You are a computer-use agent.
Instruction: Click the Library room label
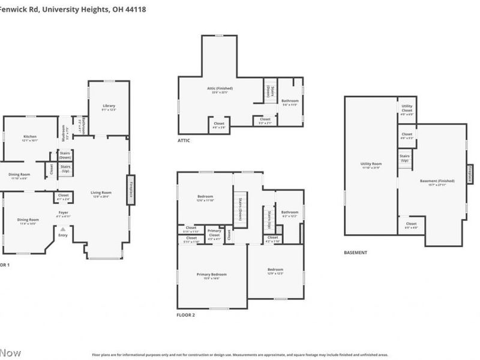pyautogui.click(x=109, y=106)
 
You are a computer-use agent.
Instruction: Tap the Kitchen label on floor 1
pyautogui.click(x=30, y=137)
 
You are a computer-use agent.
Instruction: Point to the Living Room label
pyautogui.click(x=101, y=193)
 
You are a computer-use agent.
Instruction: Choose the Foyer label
pyautogui.click(x=63, y=213)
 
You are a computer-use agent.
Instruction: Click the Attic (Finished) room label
pyautogui.click(x=222, y=89)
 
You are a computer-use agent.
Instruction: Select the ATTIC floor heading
pyautogui.click(x=184, y=140)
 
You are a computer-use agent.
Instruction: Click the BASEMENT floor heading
pyautogui.click(x=356, y=253)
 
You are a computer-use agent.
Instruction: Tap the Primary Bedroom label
pyautogui.click(x=212, y=275)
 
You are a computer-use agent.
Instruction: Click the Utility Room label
pyautogui.click(x=371, y=164)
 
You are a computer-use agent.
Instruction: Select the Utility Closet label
pyautogui.click(x=407, y=109)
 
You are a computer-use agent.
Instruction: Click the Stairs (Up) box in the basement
pyautogui.click(x=405, y=158)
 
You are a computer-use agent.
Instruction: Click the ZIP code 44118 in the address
pyautogui.click(x=135, y=10)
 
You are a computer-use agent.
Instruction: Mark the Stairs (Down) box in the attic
pyautogui.click(x=268, y=91)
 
